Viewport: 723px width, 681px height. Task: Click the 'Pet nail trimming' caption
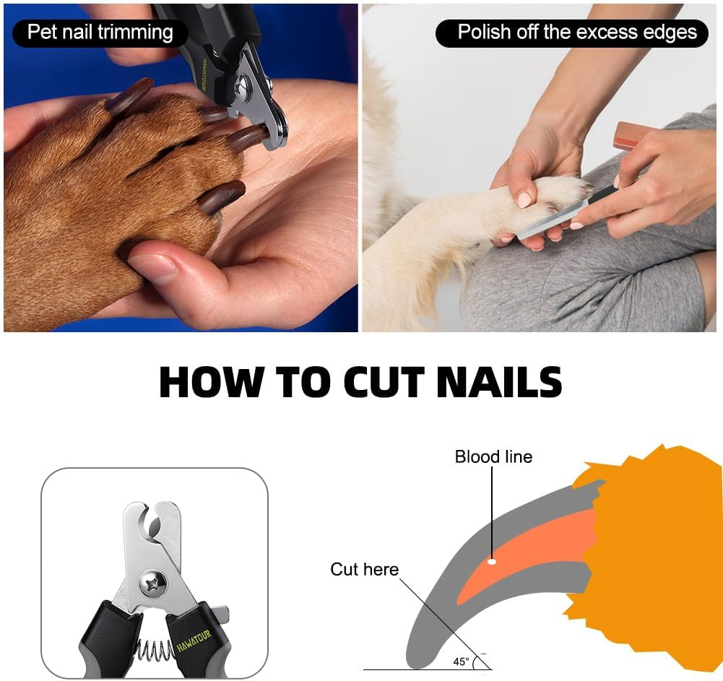[100, 32]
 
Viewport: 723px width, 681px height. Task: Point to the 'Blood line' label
[493, 456]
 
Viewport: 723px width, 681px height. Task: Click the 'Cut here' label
[364, 570]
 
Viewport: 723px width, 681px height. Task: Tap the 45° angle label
[461, 661]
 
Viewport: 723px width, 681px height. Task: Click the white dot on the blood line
[492, 561]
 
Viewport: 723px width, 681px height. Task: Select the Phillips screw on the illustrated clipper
[154, 581]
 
